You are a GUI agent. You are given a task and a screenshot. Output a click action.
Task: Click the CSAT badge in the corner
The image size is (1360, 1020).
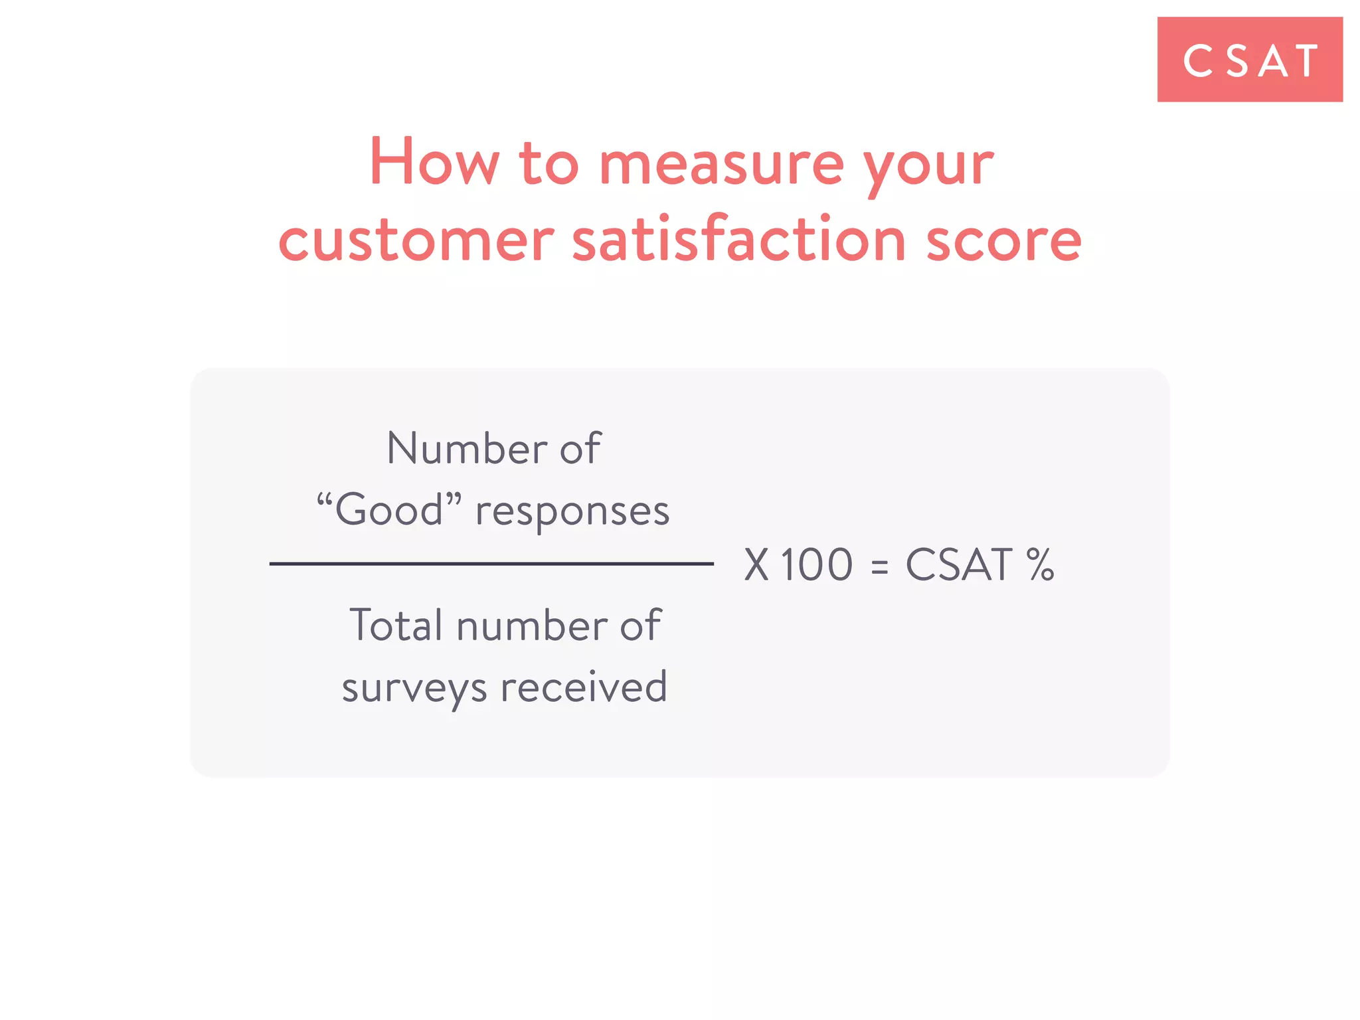click(x=1249, y=60)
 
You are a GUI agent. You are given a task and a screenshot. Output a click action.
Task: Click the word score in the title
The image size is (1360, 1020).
click(x=1003, y=240)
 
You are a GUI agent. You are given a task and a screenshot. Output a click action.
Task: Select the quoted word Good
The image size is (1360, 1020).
click(x=388, y=510)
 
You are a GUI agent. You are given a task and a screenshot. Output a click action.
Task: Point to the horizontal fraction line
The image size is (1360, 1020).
click(x=491, y=564)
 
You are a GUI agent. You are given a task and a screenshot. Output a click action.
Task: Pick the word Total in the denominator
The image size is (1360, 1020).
click(x=396, y=626)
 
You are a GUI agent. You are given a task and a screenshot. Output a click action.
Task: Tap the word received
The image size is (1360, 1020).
click(x=584, y=687)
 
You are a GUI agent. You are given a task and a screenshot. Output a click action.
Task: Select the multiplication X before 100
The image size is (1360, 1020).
click(x=756, y=565)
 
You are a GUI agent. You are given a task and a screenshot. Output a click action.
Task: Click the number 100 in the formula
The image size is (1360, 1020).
click(x=816, y=565)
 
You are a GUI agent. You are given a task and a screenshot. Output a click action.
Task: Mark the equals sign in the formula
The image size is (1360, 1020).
click(x=879, y=566)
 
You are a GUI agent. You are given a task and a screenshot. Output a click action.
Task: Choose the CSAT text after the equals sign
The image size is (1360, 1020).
click(x=959, y=565)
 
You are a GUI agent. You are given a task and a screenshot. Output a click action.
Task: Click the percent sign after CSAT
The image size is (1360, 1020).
click(x=1040, y=565)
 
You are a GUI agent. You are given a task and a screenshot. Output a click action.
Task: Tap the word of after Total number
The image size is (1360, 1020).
click(x=640, y=626)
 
